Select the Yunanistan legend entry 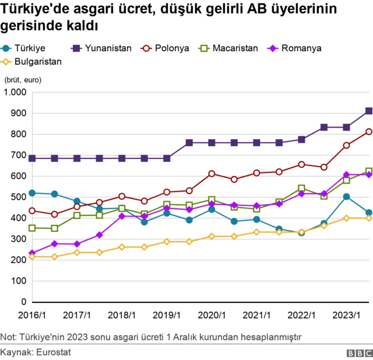[x=103, y=48]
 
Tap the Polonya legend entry [x=166, y=48]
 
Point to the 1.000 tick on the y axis [x=15, y=93]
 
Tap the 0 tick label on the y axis [x=24, y=302]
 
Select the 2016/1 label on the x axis [x=31, y=315]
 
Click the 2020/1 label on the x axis [x=212, y=315]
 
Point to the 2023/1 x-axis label [x=346, y=315]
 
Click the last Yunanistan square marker [x=369, y=111]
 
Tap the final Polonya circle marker [x=369, y=132]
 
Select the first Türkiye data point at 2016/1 [x=32, y=193]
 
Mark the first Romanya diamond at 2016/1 [x=32, y=253]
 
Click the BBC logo [x=359, y=352]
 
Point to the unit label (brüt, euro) [x=23, y=80]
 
